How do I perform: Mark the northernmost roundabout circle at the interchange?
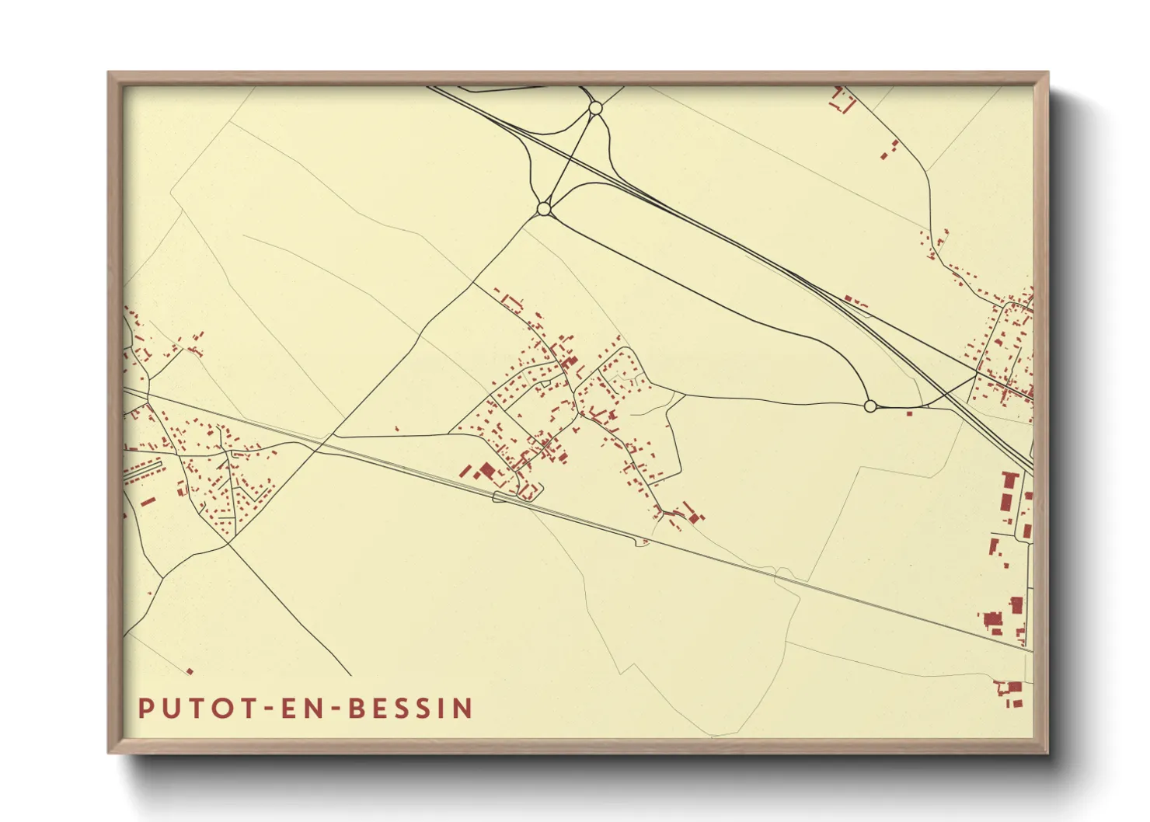pos(595,108)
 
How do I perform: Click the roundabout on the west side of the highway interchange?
pos(544,209)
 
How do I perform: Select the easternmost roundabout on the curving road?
pos(870,406)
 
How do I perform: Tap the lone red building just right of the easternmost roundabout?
pos(909,413)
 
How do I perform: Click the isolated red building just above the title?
pos(190,671)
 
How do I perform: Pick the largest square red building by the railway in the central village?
pos(487,470)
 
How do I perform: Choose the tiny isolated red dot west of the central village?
pos(397,428)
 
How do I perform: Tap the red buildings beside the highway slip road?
pos(856,301)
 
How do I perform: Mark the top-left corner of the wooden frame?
pos(109,73)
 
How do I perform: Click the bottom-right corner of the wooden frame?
pos(1047,752)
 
